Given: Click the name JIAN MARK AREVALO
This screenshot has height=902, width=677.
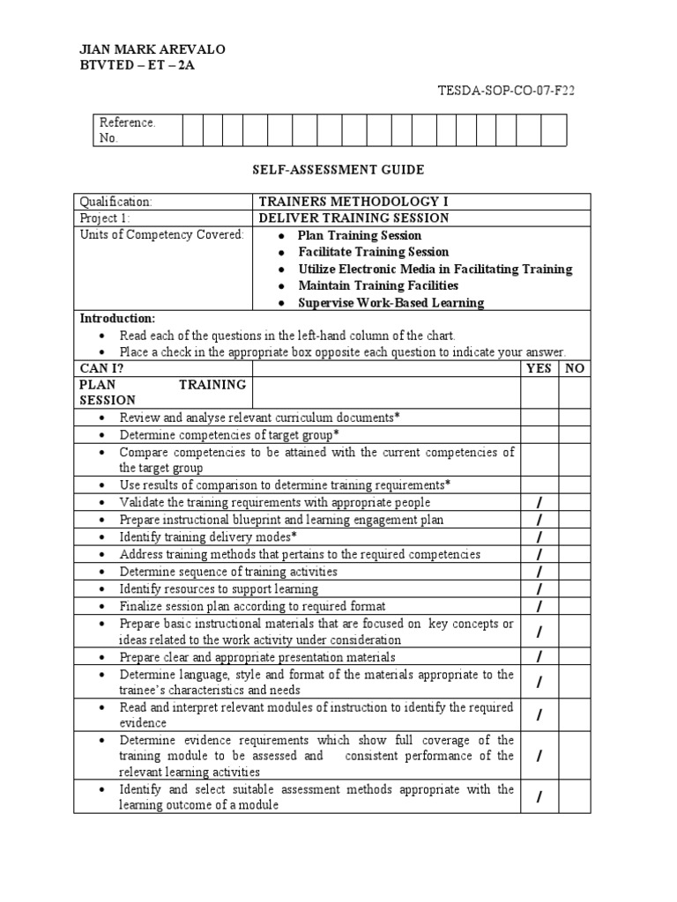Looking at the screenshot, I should coord(153,49).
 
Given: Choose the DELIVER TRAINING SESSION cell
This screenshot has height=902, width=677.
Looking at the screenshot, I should coord(353,218).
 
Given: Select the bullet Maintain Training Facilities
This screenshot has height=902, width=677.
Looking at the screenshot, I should coord(378,286).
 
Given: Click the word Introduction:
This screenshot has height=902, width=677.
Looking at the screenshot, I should coord(117,318).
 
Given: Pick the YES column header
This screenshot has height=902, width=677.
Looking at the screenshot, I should coord(539,369).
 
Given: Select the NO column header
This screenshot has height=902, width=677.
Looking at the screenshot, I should coord(575,369).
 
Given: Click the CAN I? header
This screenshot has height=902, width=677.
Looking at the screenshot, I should coord(100,369).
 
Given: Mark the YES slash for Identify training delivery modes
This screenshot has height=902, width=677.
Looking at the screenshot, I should coord(539,537).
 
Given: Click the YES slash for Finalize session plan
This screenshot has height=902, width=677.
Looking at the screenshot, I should coord(539,606).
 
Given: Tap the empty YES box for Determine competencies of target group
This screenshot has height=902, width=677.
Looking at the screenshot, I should coord(539,435).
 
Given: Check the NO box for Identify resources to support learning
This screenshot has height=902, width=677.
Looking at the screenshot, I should coord(575,588).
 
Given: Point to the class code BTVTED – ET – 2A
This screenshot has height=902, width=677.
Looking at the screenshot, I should coord(137,66).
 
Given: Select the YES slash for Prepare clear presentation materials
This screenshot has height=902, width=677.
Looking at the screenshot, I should coord(539,657).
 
